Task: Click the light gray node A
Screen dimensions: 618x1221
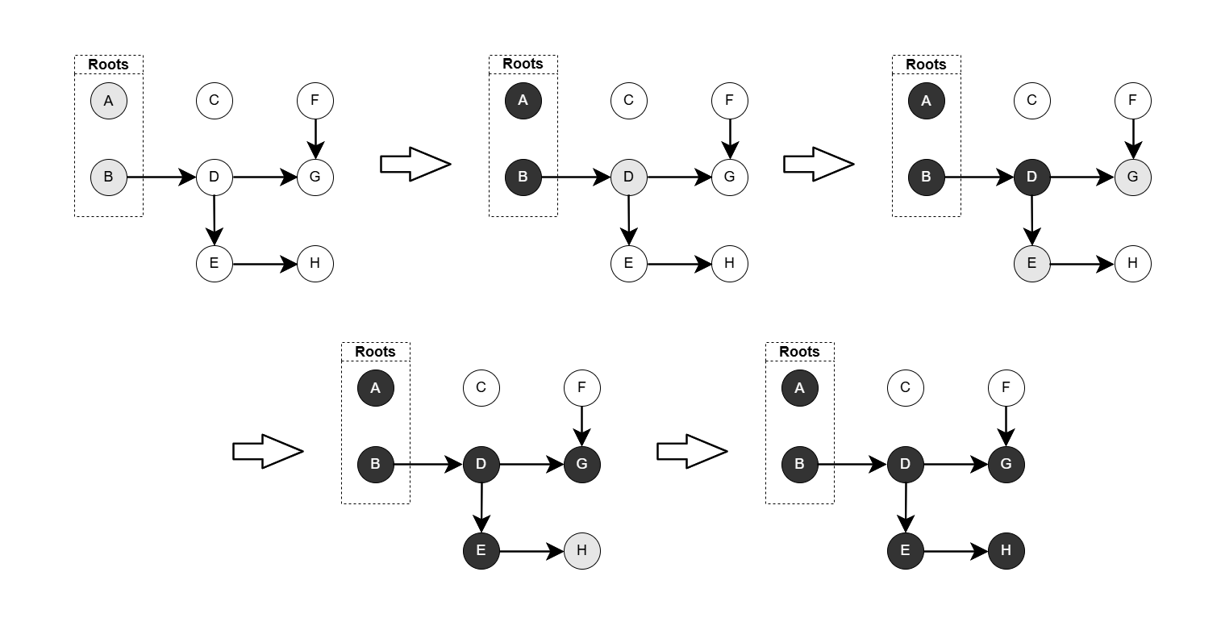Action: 108,101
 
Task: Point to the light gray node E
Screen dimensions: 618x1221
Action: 1032,263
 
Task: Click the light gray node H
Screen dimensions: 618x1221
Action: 582,551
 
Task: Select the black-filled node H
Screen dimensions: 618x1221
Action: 1006,551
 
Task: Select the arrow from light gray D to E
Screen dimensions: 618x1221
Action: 629,219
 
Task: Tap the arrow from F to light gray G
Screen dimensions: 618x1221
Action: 1133,138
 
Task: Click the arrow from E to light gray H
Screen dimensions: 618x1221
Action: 531,551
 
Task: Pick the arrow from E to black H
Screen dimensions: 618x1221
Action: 956,551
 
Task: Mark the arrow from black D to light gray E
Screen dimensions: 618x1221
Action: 1032,219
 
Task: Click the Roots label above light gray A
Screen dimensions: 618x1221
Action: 108,65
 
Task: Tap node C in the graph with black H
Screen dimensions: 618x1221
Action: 905,388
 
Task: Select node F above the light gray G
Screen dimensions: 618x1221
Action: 1133,101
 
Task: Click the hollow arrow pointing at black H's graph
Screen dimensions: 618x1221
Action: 692,451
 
